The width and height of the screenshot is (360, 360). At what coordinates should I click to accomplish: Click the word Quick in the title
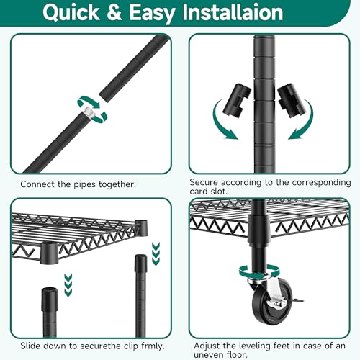click(71, 12)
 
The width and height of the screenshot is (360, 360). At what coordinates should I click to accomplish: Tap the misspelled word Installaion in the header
click(233, 12)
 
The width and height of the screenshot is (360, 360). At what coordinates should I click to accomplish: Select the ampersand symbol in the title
click(114, 12)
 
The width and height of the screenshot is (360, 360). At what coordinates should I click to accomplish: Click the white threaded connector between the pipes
click(88, 112)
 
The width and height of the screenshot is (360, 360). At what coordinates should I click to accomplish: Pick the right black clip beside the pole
click(292, 100)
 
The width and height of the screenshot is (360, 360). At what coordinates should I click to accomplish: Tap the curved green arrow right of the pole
click(302, 120)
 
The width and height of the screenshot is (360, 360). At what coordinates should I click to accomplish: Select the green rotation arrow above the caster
click(259, 271)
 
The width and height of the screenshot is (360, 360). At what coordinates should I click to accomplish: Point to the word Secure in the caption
click(204, 182)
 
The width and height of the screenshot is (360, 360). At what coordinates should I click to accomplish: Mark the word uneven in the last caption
click(209, 355)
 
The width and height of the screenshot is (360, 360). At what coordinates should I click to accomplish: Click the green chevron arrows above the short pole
click(68, 285)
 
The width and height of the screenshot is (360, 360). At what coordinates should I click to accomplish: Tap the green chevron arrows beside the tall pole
click(156, 254)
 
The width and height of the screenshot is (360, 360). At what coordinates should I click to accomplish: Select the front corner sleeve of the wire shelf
click(49, 253)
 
